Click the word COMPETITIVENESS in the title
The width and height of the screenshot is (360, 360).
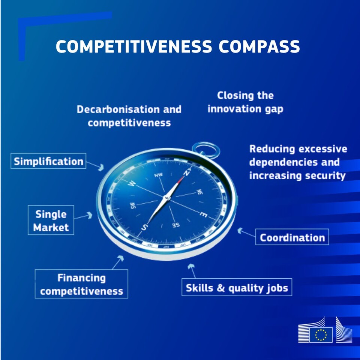coord(133,46)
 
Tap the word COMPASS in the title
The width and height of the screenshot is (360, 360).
coord(259,46)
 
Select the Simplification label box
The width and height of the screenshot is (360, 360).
coord(48,161)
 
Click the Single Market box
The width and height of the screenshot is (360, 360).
coord(51,220)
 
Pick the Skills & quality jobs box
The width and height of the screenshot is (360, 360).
coord(237,287)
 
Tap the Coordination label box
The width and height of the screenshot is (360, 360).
coord(292,237)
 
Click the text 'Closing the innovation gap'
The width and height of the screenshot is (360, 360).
coord(245,102)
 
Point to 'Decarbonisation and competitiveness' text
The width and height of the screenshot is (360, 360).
coord(129,116)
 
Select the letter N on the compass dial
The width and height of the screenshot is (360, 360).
coord(187,172)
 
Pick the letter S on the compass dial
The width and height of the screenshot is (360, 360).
coord(144,227)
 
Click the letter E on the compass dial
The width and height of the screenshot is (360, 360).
coord(203,215)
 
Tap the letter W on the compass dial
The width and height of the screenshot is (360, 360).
coord(132,183)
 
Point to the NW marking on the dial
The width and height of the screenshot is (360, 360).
coord(158,175)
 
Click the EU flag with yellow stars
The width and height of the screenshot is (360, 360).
coord(321,334)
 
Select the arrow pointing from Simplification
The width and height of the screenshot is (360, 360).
coord(95,165)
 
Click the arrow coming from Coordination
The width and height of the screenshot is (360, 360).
coord(246,232)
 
